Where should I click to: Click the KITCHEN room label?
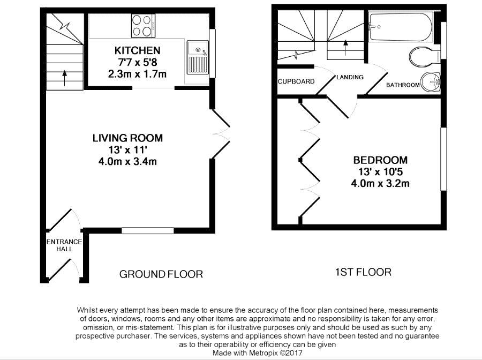(x=138, y=50)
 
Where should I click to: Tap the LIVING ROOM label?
(x=127, y=138)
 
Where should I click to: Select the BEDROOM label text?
(x=380, y=160)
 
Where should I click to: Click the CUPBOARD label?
(x=295, y=82)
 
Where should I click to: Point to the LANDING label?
(x=350, y=77)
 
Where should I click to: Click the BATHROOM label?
(x=402, y=85)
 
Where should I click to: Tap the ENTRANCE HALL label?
(x=64, y=246)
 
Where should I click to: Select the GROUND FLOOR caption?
(x=161, y=274)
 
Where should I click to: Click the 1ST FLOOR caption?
(x=363, y=272)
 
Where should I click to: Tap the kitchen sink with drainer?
(x=198, y=59)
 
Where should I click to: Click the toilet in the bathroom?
(x=421, y=55)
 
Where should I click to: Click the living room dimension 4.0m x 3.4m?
(x=127, y=161)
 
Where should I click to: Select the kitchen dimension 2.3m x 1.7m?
(x=138, y=74)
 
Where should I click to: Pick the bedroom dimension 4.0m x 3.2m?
(x=380, y=183)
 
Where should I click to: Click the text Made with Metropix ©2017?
(x=258, y=354)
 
